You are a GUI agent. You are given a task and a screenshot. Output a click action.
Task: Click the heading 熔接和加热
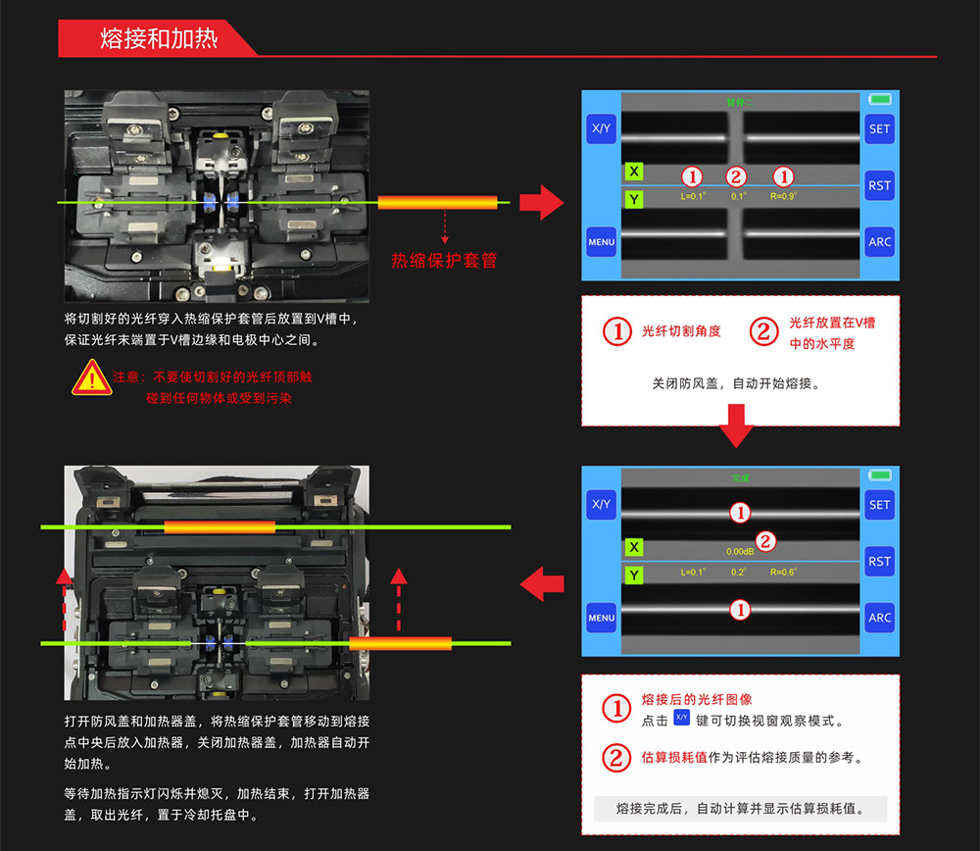pyautogui.click(x=159, y=39)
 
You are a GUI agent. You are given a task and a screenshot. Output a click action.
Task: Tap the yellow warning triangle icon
pyautogui.click(x=91, y=377)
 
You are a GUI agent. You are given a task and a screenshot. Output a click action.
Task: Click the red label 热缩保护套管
pyautogui.click(x=444, y=261)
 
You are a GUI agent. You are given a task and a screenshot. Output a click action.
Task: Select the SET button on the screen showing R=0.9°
pyautogui.click(x=880, y=128)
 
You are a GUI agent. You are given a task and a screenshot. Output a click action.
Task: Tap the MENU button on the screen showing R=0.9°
pyautogui.click(x=601, y=241)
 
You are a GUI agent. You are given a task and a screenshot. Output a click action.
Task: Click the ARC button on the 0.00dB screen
pyautogui.click(x=880, y=618)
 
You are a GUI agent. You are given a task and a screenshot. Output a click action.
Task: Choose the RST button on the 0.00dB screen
pyautogui.click(x=880, y=562)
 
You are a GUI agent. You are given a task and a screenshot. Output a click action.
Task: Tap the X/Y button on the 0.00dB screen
pyautogui.click(x=601, y=505)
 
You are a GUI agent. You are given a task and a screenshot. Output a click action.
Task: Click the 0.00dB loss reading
pyautogui.click(x=740, y=552)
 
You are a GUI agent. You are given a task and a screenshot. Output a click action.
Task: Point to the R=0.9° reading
pyautogui.click(x=784, y=196)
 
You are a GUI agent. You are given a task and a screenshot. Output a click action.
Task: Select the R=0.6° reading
pyautogui.click(x=784, y=572)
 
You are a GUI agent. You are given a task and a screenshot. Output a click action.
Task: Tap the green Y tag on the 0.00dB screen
pyautogui.click(x=634, y=576)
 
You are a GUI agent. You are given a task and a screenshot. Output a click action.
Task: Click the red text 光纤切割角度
pyautogui.click(x=681, y=331)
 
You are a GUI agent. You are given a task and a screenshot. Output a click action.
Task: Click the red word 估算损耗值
pyautogui.click(x=674, y=758)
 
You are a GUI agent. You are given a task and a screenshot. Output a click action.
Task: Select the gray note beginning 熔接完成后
pyautogui.click(x=740, y=809)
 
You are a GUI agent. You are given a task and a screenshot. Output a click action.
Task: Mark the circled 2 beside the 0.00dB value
pyautogui.click(x=766, y=540)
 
